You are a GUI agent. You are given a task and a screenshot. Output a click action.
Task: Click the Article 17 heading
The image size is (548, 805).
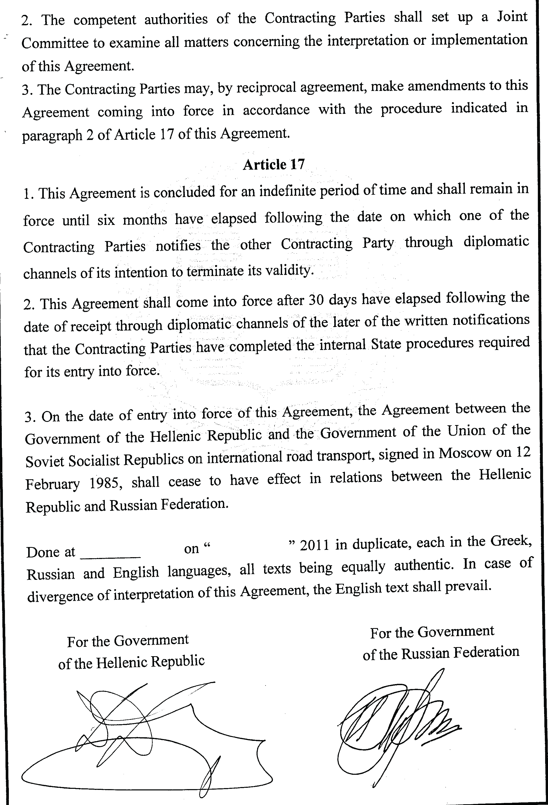pos(273,164)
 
